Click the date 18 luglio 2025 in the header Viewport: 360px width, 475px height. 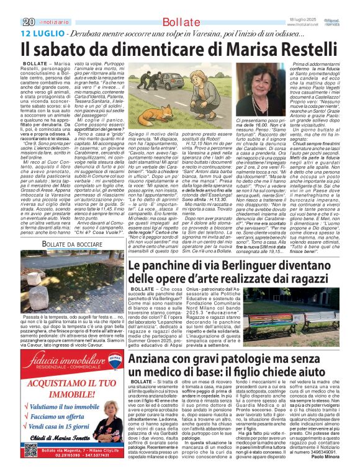click(x=315, y=4)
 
